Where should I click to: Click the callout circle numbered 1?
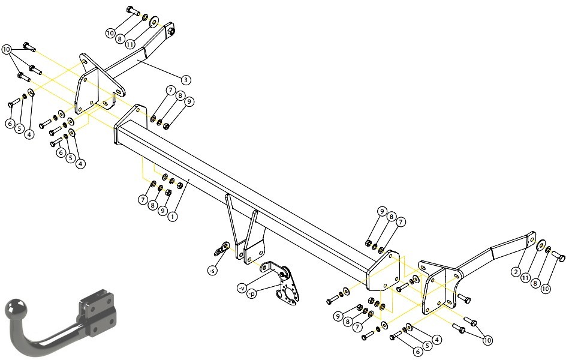[173, 217]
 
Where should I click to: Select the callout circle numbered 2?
[516, 271]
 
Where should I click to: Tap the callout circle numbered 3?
[185, 80]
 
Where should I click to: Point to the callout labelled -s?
[212, 271]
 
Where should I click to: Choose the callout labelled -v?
[242, 288]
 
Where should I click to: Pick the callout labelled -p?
[251, 294]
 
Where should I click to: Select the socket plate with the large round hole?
[288, 289]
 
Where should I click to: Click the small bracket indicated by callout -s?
[221, 249]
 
